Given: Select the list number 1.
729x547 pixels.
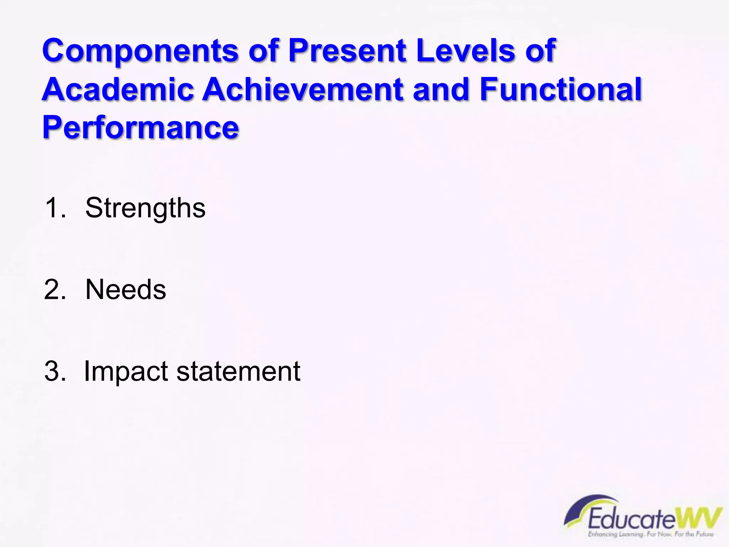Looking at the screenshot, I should (x=55, y=208).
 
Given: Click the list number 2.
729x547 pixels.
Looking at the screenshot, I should (x=55, y=289).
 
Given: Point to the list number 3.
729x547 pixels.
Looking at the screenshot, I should (x=55, y=371).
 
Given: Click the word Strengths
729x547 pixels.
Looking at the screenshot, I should (x=145, y=208).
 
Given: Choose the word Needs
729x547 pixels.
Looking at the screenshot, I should (x=126, y=289).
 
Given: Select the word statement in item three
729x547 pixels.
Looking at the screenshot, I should (x=238, y=371).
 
